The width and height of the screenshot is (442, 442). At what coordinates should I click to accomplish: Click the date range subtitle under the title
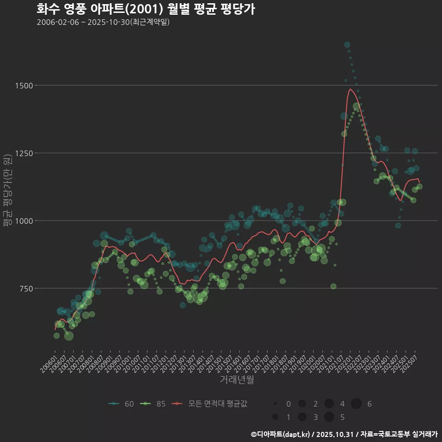(103, 22)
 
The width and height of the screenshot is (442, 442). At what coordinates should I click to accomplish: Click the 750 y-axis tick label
(25, 289)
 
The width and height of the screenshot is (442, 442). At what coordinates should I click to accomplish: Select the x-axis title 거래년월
(237, 379)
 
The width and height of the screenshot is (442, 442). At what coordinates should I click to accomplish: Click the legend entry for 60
(121, 404)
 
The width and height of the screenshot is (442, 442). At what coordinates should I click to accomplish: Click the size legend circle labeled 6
(356, 404)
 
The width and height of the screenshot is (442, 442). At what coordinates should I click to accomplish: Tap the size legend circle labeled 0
(275, 404)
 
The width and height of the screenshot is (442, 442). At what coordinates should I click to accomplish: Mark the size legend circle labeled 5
(329, 417)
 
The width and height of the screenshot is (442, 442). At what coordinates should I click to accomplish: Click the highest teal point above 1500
(347, 45)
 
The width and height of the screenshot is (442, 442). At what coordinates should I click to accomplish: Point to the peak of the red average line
(350, 89)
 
